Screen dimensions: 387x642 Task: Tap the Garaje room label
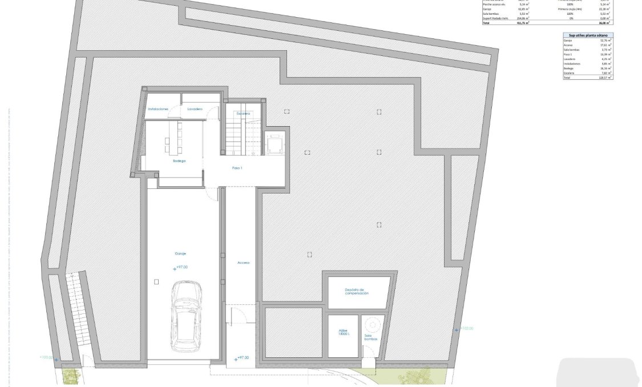click(x=181, y=253)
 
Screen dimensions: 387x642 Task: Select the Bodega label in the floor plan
click(x=179, y=161)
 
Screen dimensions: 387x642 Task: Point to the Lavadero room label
click(x=195, y=108)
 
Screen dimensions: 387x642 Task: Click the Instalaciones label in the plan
click(x=158, y=108)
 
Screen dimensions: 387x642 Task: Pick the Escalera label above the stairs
click(x=244, y=114)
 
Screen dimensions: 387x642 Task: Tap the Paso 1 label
click(x=237, y=168)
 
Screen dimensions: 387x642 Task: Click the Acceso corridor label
click(x=244, y=263)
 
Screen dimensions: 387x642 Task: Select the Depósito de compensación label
click(x=357, y=292)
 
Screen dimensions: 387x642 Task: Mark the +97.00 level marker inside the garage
click(x=181, y=267)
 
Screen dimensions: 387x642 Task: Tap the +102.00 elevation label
click(x=466, y=329)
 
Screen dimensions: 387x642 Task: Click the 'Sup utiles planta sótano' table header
click(x=588, y=35)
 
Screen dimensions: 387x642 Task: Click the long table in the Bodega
click(x=174, y=137)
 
